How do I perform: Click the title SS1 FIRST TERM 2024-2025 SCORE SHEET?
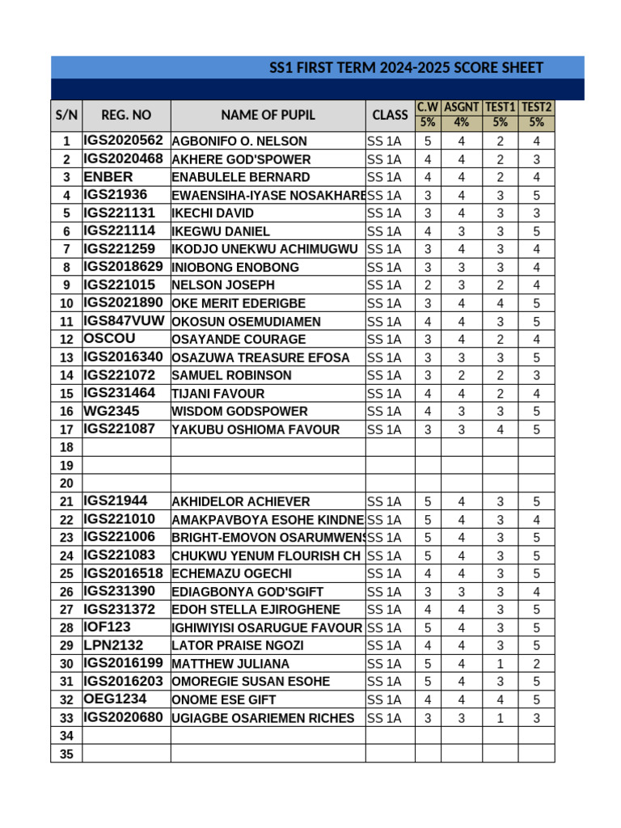pos(406,68)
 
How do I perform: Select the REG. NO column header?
pos(126,115)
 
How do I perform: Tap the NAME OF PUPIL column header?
pos(268,115)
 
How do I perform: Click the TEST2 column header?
pos(536,107)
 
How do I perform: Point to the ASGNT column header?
pos(462,107)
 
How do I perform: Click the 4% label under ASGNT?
pos(462,123)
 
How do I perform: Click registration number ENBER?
pos(108,176)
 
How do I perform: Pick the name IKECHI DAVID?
pos(213,213)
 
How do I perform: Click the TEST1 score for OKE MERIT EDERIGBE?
pos(501,303)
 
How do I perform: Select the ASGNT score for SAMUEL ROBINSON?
pos(462,375)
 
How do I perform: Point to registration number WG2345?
pos(112,411)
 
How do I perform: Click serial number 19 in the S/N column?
pos(66,466)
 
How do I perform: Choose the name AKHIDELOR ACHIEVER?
pos(241,502)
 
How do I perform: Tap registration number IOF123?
pos(108,627)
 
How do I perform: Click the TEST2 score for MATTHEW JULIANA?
pos(536,664)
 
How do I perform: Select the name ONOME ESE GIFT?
pos(224,700)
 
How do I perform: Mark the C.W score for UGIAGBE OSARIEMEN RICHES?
pos(428,718)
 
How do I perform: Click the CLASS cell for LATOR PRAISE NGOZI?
pos(385,645)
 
